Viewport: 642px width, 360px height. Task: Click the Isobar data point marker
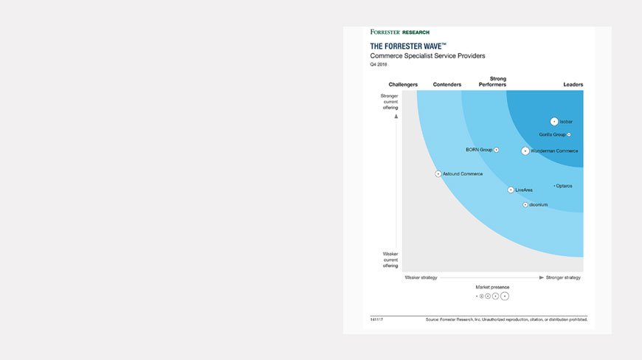tap(554, 122)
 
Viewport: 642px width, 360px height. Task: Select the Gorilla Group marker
tap(569, 134)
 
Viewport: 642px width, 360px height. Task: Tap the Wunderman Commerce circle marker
tap(525, 150)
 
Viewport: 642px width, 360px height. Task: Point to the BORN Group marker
tap(497, 150)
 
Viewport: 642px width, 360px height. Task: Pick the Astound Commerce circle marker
tap(438, 174)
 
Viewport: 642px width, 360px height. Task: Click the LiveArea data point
tap(511, 190)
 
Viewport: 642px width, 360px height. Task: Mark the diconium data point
tap(525, 204)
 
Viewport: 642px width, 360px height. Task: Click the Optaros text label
tap(564, 186)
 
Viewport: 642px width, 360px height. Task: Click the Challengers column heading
tap(403, 85)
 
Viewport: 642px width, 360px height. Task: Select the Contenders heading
tap(447, 85)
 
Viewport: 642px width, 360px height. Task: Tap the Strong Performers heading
tap(498, 82)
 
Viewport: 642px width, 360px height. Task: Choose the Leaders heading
tap(573, 85)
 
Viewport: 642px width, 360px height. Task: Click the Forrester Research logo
tap(399, 32)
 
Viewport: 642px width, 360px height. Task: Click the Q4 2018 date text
tap(379, 65)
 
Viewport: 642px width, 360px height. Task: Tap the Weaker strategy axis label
tap(421, 277)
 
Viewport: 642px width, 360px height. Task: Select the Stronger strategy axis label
tap(563, 277)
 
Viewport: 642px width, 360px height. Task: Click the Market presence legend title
tap(492, 287)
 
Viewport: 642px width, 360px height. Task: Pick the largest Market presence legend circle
tap(505, 296)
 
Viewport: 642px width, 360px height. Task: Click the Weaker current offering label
tap(390, 260)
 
